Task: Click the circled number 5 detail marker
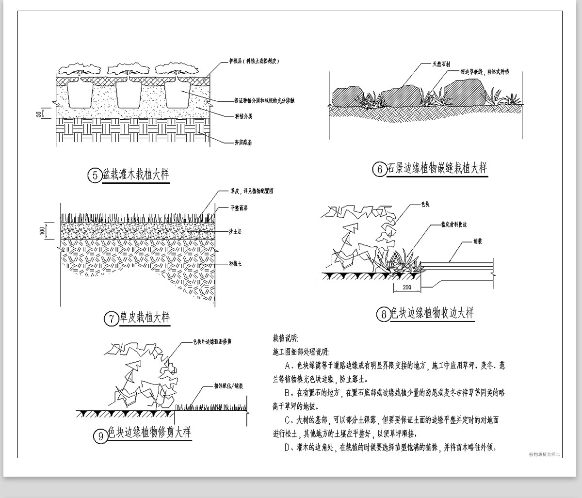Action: pyautogui.click(x=94, y=175)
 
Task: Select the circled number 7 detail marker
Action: pyautogui.click(x=112, y=319)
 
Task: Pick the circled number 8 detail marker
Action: pyautogui.click(x=384, y=315)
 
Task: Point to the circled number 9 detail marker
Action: pyautogui.click(x=100, y=436)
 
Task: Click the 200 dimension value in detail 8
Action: pyautogui.click(x=407, y=288)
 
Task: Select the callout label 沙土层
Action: pyautogui.click(x=237, y=232)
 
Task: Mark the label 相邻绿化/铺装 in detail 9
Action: pyautogui.click(x=228, y=386)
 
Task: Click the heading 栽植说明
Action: pyautogui.click(x=286, y=338)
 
